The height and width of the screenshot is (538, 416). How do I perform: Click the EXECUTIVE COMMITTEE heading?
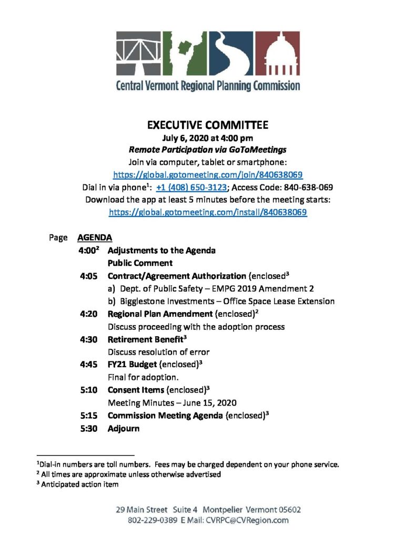(x=208, y=125)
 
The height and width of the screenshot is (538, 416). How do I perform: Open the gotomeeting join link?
(x=208, y=174)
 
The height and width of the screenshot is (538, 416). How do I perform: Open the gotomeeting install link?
(x=208, y=212)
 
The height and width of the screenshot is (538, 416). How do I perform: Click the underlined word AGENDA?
(x=94, y=237)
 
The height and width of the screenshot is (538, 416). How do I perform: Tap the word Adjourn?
(x=124, y=429)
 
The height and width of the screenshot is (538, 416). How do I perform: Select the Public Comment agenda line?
(x=140, y=263)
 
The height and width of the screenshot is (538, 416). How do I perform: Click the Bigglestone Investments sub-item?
(x=221, y=302)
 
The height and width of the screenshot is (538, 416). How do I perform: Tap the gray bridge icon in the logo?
(x=139, y=54)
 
